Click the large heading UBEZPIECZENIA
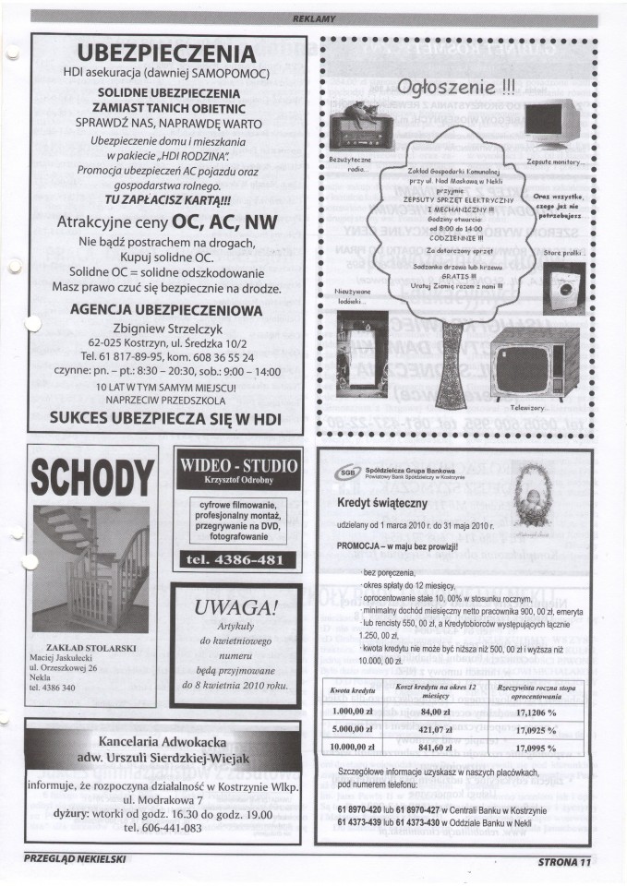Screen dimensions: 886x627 (166, 53)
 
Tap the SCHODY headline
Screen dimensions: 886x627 (90, 477)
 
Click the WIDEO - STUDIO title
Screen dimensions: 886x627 (236, 464)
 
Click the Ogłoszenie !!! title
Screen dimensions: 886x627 (455, 89)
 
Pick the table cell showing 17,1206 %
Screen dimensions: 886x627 (537, 712)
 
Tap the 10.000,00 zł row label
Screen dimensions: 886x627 (355, 748)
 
